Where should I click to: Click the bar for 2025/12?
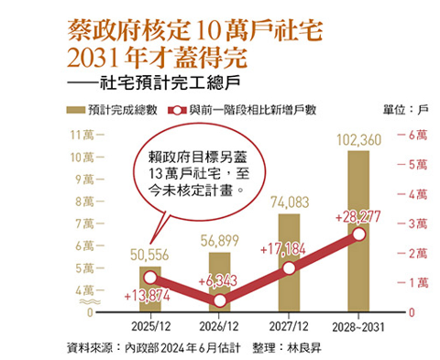(x=149, y=289)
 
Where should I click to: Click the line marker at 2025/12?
(x=150, y=278)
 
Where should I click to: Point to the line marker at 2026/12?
(x=219, y=300)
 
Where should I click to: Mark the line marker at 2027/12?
(x=289, y=267)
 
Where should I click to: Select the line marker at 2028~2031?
(x=358, y=235)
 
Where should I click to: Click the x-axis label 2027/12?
(x=288, y=325)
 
